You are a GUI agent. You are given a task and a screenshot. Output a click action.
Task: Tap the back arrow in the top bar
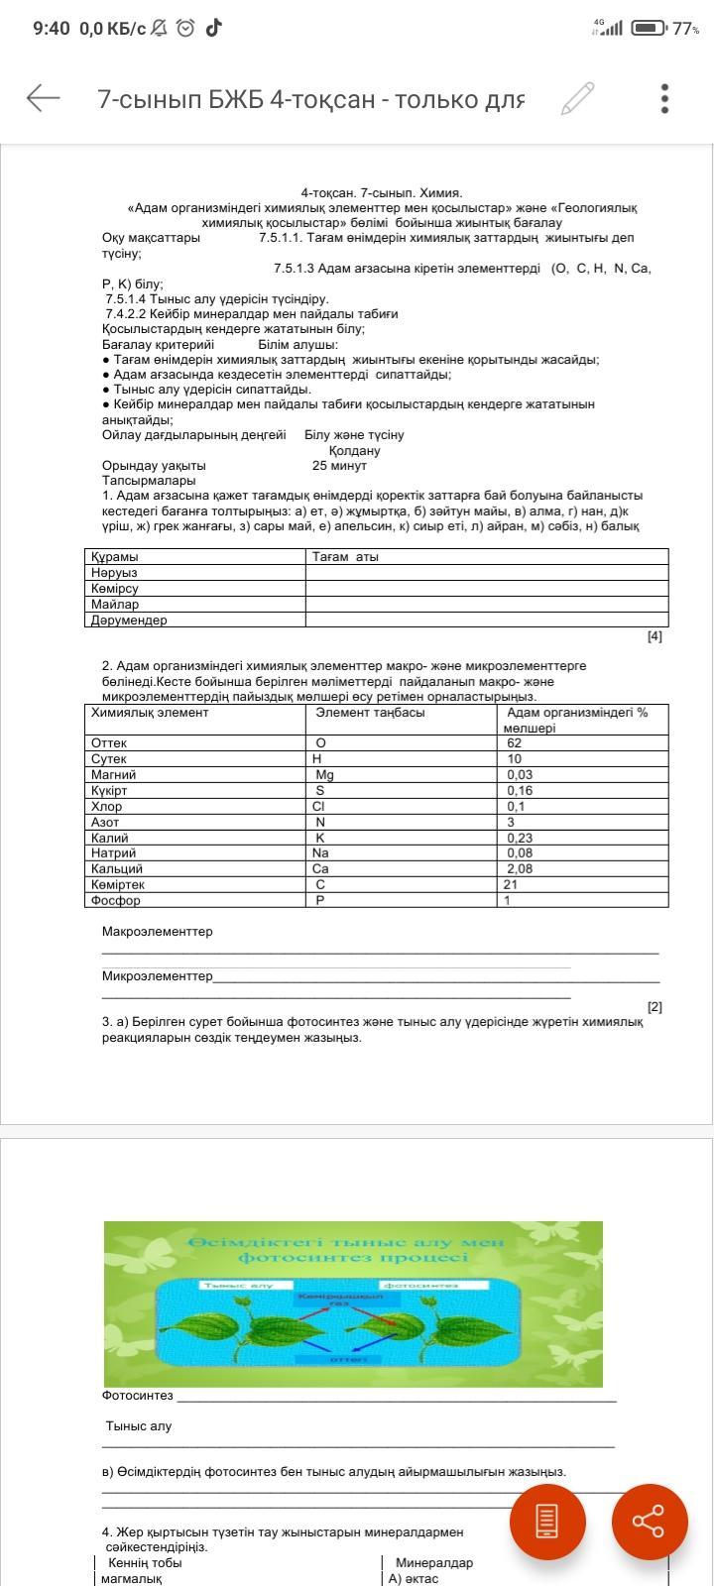click(x=43, y=98)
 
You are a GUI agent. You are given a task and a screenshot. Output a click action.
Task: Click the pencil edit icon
click(x=577, y=98)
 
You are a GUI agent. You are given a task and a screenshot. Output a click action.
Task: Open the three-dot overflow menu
click(x=664, y=98)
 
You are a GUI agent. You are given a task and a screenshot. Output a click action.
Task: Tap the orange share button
click(x=650, y=1522)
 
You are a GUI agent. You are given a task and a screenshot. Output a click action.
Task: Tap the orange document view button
click(x=547, y=1522)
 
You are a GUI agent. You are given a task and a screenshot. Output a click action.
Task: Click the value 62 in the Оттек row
click(x=514, y=743)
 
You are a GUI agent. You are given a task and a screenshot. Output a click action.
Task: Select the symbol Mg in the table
click(x=324, y=775)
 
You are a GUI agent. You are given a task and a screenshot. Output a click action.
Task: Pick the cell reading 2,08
click(x=521, y=869)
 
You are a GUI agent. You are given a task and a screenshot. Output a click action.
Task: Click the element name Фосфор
click(x=116, y=901)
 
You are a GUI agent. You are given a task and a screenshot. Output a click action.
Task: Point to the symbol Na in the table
click(x=320, y=853)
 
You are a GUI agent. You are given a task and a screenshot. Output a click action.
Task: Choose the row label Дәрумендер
click(x=129, y=621)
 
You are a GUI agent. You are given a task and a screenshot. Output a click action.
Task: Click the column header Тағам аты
click(x=345, y=557)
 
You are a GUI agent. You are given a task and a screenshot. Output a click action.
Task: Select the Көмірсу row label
click(x=115, y=589)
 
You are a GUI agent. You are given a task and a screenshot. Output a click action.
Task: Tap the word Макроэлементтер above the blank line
click(x=157, y=932)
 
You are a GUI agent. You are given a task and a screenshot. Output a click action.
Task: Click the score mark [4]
click(x=654, y=636)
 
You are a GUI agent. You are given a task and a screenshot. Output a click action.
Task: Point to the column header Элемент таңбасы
click(x=370, y=713)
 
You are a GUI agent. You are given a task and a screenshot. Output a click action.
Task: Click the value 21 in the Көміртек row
click(x=511, y=885)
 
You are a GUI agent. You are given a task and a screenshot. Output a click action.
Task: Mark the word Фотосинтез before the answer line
click(x=137, y=1396)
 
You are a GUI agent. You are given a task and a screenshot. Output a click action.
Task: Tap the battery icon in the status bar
click(x=649, y=28)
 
